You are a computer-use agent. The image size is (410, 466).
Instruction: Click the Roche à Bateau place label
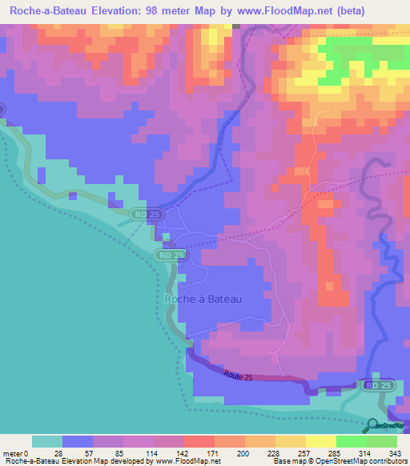203,299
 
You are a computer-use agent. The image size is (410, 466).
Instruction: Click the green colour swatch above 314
352,441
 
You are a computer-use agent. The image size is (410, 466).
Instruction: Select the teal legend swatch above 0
47,441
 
